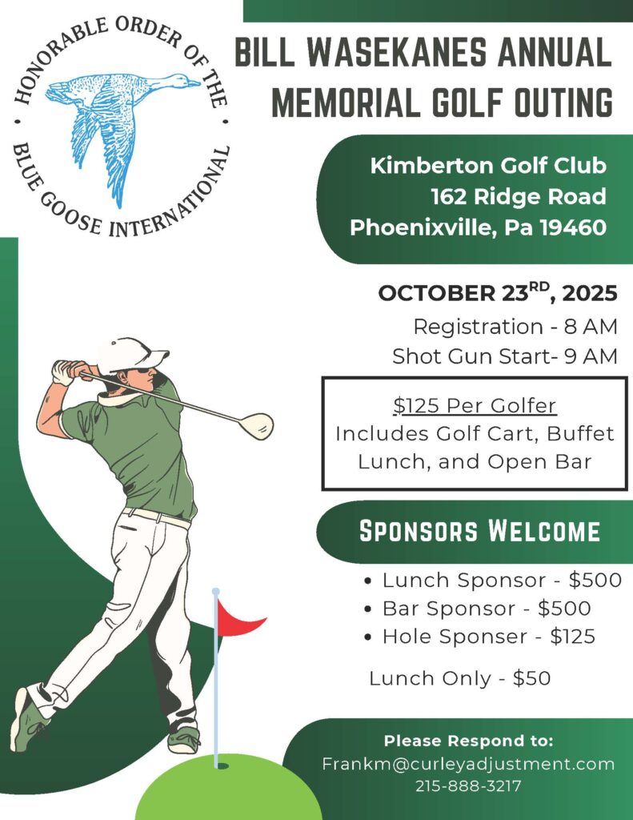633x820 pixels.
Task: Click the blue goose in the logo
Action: pos(120,120)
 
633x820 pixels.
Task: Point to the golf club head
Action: pos(258,425)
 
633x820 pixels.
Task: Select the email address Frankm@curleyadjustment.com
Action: pos(468,764)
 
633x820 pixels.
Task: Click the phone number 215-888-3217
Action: pos(468,786)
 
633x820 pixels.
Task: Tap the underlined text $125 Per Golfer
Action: pos(475,406)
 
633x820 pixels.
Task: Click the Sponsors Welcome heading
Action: pos(479,531)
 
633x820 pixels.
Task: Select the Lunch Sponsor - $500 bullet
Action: pos(501,581)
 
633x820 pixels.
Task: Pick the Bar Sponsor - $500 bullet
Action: pos(487,609)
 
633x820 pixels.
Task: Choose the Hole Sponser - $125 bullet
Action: pos(488,637)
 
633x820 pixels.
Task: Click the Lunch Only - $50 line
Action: pos(459,678)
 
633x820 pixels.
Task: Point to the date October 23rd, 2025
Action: pos(498,293)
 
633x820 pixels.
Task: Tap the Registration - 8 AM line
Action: pos(515,327)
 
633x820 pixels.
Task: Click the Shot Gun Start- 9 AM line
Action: pos(505,356)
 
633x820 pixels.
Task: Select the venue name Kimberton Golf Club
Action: pos(488,167)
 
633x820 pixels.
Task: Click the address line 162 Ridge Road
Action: pos(518,197)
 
